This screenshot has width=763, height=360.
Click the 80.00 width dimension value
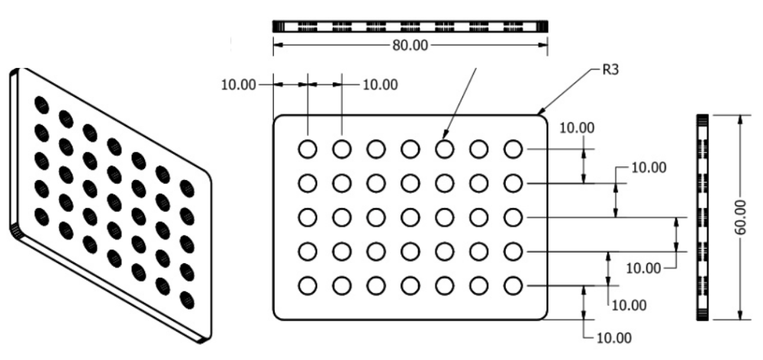pyautogui.click(x=410, y=45)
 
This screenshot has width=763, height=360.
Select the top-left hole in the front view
pyautogui.click(x=307, y=149)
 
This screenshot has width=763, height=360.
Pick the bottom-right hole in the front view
pyautogui.click(x=513, y=285)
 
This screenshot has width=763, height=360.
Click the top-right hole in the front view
pyautogui.click(x=513, y=149)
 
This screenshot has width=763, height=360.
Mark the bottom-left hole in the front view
pyautogui.click(x=307, y=285)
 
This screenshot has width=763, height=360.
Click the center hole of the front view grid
pyautogui.click(x=410, y=217)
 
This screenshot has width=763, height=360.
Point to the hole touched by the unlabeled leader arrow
pyautogui.click(x=444, y=149)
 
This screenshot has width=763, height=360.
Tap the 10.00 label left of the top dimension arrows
pyautogui.click(x=239, y=84)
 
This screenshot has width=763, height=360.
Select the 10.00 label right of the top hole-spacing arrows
pyautogui.click(x=380, y=84)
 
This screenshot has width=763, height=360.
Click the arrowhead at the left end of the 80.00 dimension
pyautogui.click(x=277, y=45)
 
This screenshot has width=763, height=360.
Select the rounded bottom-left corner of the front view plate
pyautogui.click(x=278, y=313)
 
